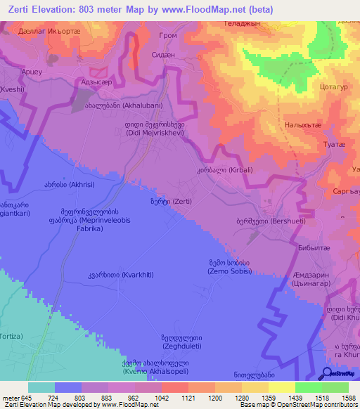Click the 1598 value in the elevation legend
[x=348, y=398]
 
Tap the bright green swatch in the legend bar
[x=308, y=387]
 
